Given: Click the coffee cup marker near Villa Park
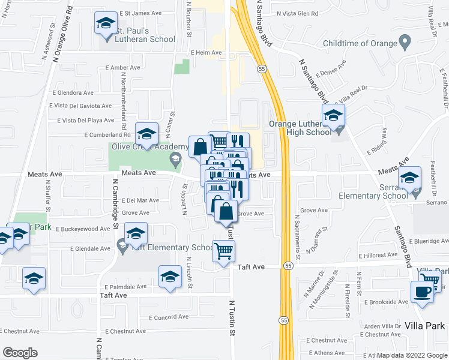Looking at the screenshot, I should pyautogui.click(x=423, y=292).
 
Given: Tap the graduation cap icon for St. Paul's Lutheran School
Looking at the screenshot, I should pyautogui.click(x=106, y=24).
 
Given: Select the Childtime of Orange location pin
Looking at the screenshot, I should pyautogui.click(x=405, y=43).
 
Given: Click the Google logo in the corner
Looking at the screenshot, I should pyautogui.click(x=20, y=353).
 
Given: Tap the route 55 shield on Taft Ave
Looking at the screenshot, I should pyautogui.click(x=289, y=265).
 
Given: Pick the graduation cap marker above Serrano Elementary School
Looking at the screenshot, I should pyautogui.click(x=410, y=178).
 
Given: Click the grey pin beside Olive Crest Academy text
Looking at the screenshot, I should pyautogui.click(x=175, y=158).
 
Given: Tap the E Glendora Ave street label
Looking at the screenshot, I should pyautogui.click(x=73, y=93).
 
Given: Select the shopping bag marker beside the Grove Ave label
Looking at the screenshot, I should pyautogui.click(x=226, y=212).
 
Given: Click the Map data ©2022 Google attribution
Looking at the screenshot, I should pyautogui.click(x=411, y=355).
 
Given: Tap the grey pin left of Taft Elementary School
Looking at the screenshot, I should pyautogui.click(x=122, y=244).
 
